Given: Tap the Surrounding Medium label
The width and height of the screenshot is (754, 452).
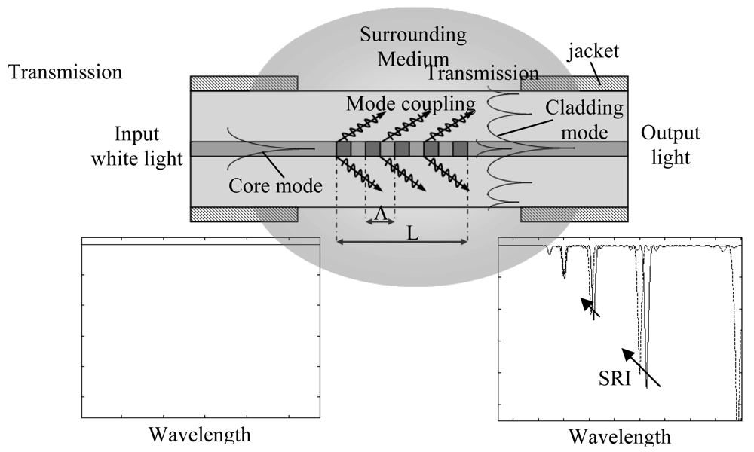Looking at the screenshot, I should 413,46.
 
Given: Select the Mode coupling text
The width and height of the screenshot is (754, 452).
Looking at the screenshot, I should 410,103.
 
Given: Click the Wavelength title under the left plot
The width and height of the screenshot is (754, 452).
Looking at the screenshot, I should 200,435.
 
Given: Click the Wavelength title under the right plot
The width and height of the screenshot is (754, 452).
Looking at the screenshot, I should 619,437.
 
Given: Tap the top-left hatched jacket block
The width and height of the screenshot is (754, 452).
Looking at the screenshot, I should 244,83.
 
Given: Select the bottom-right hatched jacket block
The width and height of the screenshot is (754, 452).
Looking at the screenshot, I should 573,215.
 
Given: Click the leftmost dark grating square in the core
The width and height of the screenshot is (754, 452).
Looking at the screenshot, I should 344,149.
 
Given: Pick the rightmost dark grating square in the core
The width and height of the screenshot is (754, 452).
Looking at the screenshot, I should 460,149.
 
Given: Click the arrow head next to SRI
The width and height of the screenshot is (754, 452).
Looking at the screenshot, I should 624,352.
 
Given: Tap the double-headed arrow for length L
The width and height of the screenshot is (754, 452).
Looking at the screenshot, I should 402,242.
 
